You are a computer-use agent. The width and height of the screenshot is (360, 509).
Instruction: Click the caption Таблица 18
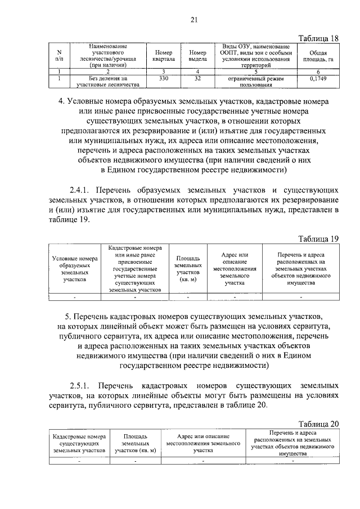(x=319, y=38)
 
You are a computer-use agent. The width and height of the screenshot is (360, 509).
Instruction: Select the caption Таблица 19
(x=319, y=238)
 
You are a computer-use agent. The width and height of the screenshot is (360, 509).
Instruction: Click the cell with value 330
(x=164, y=79)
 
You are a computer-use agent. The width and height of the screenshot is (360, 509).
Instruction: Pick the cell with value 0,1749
(x=318, y=79)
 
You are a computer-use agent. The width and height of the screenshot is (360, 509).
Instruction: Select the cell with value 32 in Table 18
(x=197, y=79)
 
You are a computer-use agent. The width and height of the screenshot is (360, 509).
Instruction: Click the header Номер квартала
(x=164, y=55)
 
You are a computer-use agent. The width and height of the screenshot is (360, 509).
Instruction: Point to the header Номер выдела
(x=197, y=55)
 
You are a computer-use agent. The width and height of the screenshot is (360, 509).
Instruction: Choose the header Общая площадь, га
(x=318, y=55)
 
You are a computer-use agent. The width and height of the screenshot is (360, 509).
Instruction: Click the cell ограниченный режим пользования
(x=255, y=83)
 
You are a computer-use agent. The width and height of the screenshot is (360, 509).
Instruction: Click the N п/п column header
(x=60, y=55)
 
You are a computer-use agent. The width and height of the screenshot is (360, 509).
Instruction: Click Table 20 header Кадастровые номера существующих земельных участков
(x=79, y=443)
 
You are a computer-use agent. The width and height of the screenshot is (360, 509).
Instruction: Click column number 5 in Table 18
(x=255, y=71)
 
